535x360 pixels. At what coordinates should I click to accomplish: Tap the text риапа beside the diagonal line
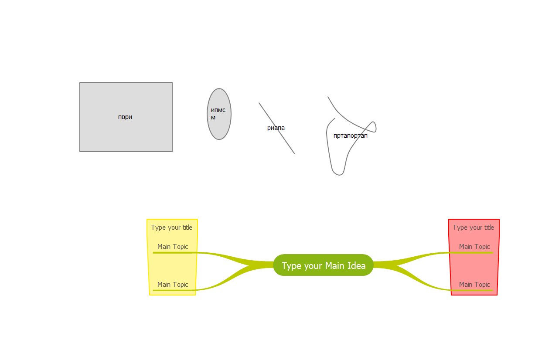276,128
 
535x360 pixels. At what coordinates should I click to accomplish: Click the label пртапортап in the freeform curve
350,136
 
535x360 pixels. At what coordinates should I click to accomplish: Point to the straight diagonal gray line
286,141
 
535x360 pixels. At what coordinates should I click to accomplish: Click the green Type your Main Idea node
323,265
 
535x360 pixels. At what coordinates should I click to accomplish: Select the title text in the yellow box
171,228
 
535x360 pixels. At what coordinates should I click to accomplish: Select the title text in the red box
473,228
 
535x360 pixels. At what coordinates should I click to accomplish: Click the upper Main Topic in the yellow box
173,247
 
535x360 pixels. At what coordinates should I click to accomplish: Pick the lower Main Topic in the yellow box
173,285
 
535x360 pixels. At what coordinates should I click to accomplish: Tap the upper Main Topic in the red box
474,247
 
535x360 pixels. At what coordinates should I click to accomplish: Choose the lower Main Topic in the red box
474,285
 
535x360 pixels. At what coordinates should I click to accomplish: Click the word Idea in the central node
356,265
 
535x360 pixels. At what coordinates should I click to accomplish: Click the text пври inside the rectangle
125,117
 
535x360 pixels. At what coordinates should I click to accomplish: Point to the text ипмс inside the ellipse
218,110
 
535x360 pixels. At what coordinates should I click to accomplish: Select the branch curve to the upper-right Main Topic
419,256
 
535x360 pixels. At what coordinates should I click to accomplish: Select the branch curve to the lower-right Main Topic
419,279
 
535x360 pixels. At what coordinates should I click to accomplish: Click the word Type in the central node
291,266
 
